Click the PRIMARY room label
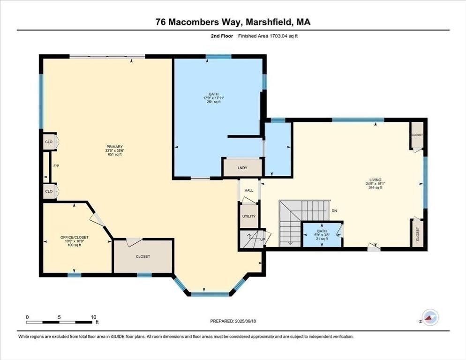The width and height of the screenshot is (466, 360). [x=114, y=147]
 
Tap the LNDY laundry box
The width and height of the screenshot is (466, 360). [x=242, y=167]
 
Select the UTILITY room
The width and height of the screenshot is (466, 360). [x=248, y=216]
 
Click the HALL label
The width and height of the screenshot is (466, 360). [x=249, y=190]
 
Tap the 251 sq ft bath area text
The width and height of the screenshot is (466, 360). [x=213, y=102]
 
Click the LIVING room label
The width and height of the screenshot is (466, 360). [x=375, y=180]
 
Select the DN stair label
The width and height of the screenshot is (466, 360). [x=334, y=211]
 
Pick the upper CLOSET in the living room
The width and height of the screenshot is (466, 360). [x=417, y=135]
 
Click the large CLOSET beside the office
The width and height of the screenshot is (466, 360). [x=143, y=256]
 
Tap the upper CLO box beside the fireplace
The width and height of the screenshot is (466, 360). [x=48, y=142]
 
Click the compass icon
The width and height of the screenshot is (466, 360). [x=430, y=317]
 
